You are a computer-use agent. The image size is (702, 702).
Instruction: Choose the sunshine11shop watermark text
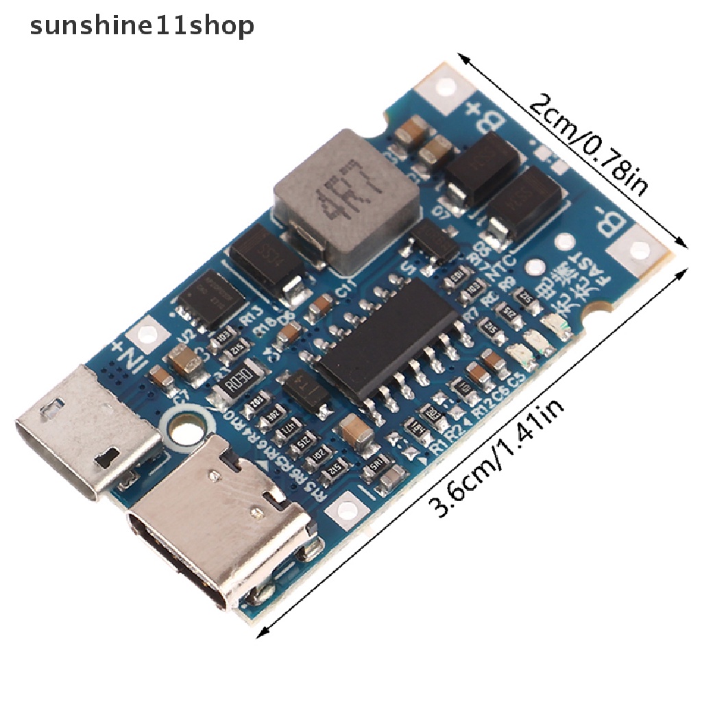click(x=142, y=26)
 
